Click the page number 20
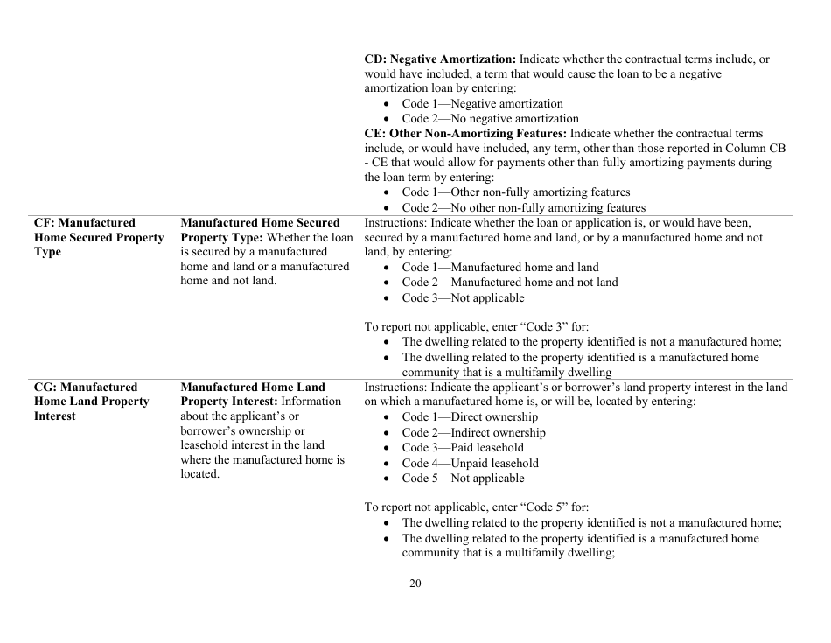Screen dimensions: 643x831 (x=415, y=584)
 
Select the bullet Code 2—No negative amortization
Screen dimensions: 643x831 (x=490, y=118)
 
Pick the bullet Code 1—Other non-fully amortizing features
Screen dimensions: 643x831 (x=515, y=192)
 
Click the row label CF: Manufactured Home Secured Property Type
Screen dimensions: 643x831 (x=98, y=238)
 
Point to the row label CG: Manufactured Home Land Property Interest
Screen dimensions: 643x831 (x=91, y=402)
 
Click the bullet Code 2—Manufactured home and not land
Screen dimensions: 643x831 (x=509, y=282)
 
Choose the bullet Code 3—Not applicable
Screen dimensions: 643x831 (x=463, y=297)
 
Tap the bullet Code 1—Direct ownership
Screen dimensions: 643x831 (x=470, y=416)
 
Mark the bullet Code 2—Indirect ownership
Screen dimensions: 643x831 (x=473, y=432)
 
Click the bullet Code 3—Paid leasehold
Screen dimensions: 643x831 (x=463, y=447)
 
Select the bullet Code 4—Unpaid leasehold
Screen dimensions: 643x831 (x=470, y=463)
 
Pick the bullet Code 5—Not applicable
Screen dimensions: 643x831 (x=463, y=478)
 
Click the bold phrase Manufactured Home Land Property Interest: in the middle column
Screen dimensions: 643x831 (x=253, y=394)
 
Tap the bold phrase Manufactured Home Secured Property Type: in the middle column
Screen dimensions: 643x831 (x=260, y=230)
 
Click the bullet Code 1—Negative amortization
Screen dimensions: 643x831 (x=482, y=103)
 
